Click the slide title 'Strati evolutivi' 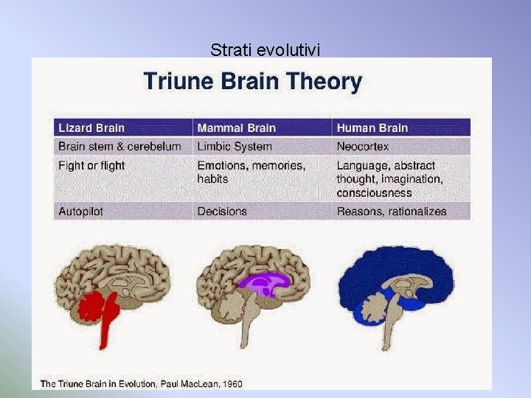[x=265, y=50]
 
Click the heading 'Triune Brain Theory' [x=253, y=81]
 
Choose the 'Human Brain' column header [x=372, y=128]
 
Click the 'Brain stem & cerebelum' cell [x=119, y=146]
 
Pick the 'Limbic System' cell [x=235, y=146]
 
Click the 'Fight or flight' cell [x=91, y=166]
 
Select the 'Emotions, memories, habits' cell [x=251, y=172]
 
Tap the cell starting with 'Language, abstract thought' [x=389, y=179]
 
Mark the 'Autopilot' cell [x=80, y=212]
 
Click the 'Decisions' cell [x=222, y=212]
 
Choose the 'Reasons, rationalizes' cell [x=392, y=212]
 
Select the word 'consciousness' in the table [x=374, y=193]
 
